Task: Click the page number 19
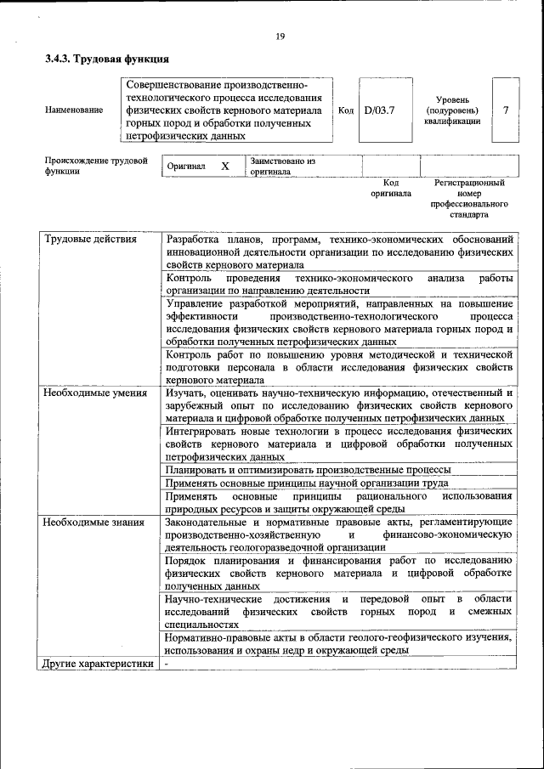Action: click(280, 36)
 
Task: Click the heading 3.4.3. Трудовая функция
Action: click(107, 59)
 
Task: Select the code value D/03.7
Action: click(379, 110)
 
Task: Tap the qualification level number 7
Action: click(506, 110)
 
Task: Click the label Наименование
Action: click(75, 110)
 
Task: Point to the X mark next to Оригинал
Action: click(224, 167)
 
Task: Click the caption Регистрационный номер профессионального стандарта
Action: click(469, 199)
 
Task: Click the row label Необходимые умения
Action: click(95, 393)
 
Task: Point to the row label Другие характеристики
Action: click(98, 664)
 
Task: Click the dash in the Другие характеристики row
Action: click(167, 664)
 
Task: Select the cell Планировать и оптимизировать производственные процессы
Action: click(308, 469)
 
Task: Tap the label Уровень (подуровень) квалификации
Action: click(452, 110)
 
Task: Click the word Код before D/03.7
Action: click(346, 110)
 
